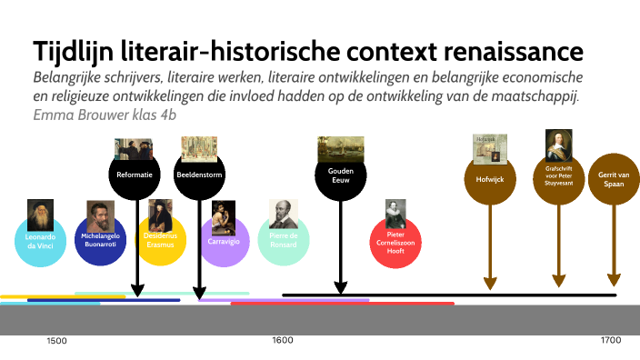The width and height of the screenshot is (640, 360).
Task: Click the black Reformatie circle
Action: click(x=134, y=175)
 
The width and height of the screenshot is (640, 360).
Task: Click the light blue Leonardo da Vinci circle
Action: click(x=41, y=241)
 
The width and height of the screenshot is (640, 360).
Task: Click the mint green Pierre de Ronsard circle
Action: click(x=284, y=240)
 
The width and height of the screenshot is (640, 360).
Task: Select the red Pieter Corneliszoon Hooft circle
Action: click(x=395, y=242)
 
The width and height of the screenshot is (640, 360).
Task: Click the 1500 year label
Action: click(x=56, y=341)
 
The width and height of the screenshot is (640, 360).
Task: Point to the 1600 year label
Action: click(x=283, y=340)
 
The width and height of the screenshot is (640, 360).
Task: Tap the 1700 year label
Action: click(x=611, y=340)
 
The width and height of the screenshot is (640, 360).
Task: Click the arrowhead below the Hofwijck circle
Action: click(x=490, y=284)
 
